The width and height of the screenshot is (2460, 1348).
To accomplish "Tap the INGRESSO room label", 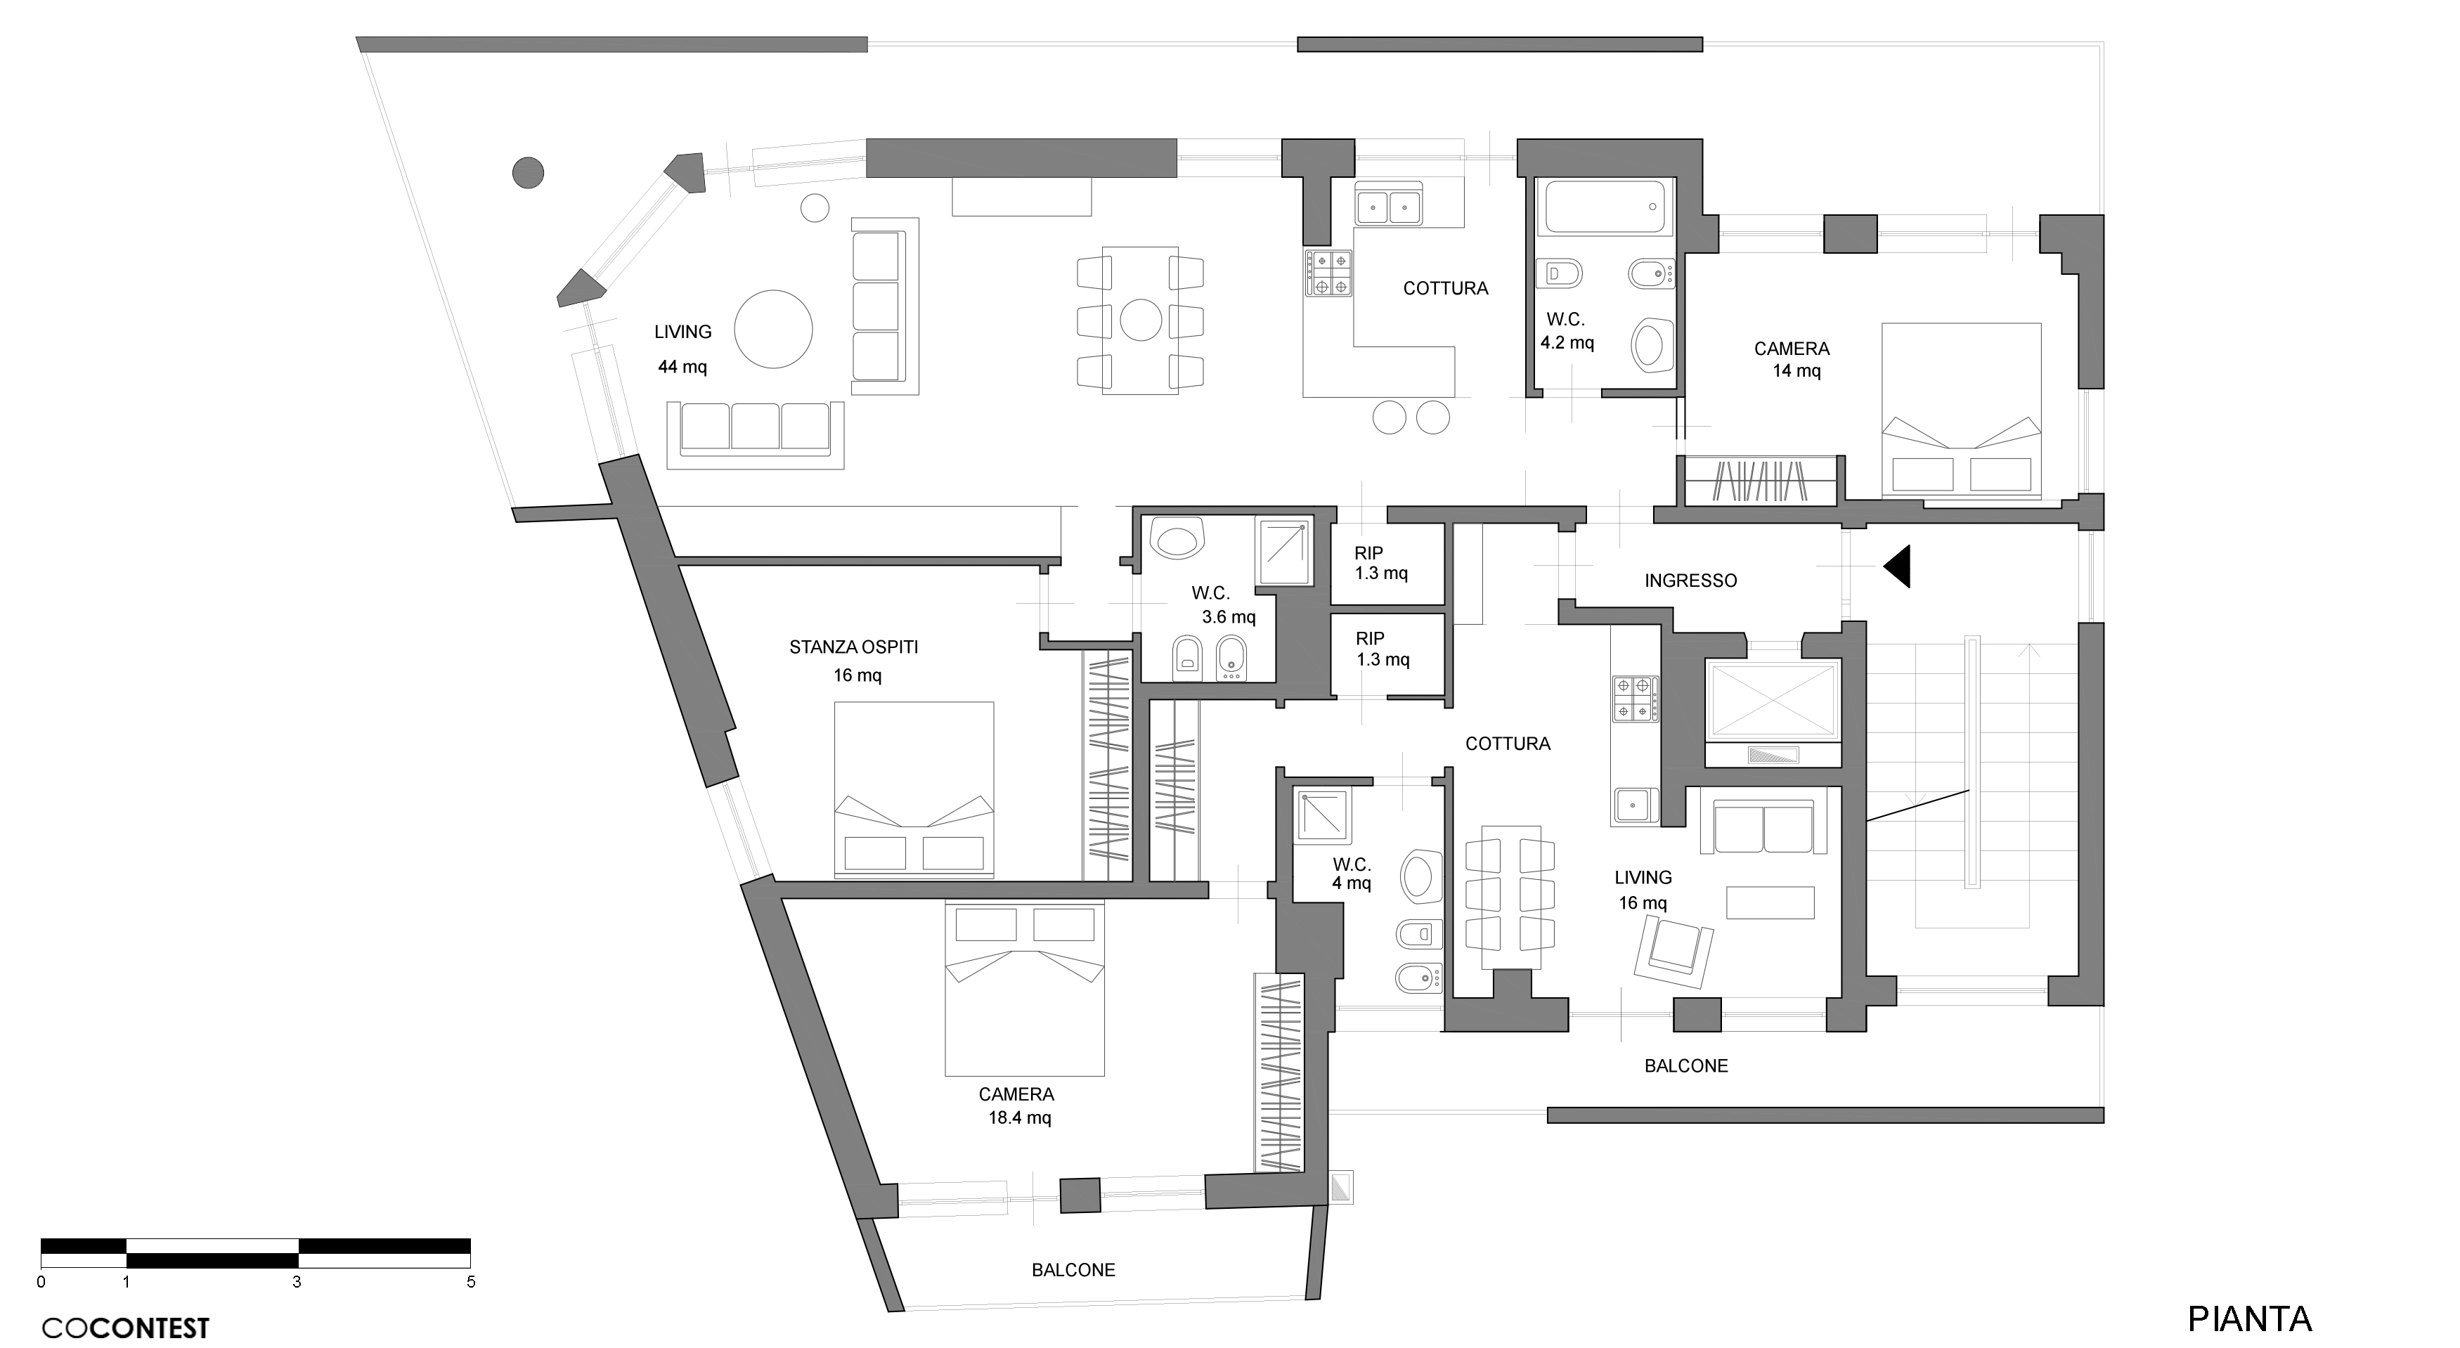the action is coord(1690,581).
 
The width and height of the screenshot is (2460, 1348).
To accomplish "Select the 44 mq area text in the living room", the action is coord(682,367).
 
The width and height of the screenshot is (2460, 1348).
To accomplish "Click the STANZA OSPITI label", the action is coord(854,647).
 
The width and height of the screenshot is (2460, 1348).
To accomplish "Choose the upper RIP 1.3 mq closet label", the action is coord(1381,563).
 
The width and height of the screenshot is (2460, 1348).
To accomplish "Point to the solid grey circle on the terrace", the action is coord(528,173).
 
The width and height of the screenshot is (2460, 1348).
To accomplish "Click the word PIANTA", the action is coord(2249,1319).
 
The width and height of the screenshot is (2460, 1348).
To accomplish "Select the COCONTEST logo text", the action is coord(125,1328).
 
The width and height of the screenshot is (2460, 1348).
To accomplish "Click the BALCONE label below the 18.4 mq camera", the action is coord(1073,1270).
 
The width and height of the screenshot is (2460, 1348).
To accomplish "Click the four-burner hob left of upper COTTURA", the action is coord(1328,272).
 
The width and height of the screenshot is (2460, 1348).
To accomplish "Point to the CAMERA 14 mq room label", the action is coord(1792,360).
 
